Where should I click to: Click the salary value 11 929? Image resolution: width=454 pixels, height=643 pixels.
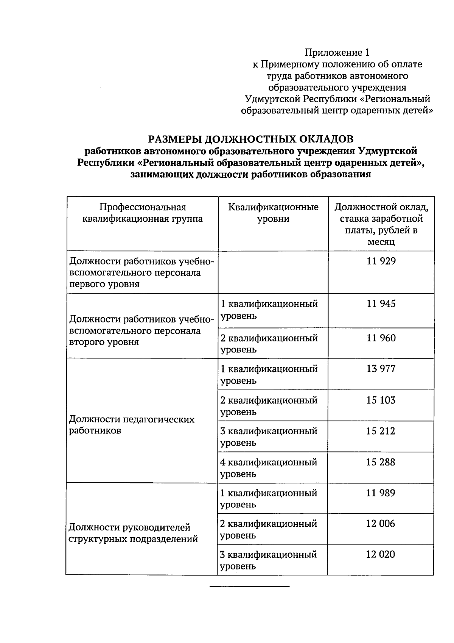coord(381,261)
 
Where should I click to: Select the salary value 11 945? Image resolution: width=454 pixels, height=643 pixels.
coord(381,304)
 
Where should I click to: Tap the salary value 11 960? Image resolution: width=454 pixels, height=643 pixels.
coord(381,338)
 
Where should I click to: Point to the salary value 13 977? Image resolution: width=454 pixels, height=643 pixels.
coord(381,369)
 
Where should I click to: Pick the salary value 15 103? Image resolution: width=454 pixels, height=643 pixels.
coord(381,400)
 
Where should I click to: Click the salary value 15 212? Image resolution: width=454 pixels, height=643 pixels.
coord(381,431)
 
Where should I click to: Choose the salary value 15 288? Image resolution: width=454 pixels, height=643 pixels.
coord(381,462)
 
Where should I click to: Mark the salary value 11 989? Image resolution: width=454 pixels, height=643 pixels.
coord(381,493)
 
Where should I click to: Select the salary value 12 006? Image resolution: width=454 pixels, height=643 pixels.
coord(380,524)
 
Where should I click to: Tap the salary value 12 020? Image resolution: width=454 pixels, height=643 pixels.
coord(380,554)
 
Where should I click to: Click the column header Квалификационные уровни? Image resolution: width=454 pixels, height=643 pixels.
coord(273,213)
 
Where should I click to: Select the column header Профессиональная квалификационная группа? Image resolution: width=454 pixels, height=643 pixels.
coord(143,213)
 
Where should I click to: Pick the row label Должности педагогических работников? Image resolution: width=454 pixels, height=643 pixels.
coord(132,425)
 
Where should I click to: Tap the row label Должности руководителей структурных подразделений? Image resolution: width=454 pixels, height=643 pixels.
coord(133,533)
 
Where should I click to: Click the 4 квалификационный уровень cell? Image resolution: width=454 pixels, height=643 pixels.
coord(269,468)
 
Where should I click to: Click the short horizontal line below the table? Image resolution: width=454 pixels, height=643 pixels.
coord(249,587)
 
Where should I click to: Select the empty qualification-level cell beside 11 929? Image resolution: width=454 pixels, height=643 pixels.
coord(273,272)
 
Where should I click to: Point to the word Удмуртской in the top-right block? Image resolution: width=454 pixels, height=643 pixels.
coord(272,99)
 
